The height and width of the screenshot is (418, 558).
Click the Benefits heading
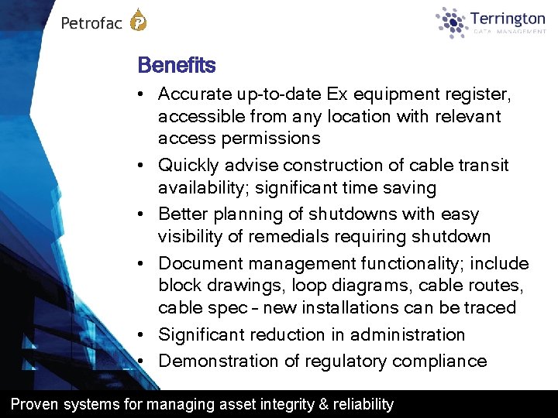pos(176,65)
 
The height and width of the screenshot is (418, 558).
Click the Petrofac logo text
pos(91,22)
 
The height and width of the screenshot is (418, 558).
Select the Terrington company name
pos(508,18)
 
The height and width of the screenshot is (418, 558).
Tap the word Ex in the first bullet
pos(337,94)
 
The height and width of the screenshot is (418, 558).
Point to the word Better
pos(181,214)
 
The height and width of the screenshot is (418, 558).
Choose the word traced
pos(491,307)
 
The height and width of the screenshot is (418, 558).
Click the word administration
pos(408,334)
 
